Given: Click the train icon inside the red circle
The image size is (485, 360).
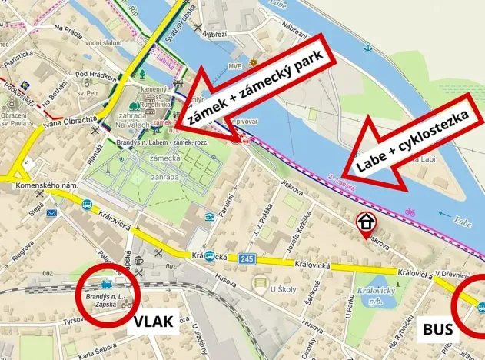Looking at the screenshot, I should click(x=102, y=283).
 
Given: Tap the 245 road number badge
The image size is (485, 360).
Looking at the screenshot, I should click(x=246, y=258).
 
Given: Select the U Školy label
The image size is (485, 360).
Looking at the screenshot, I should click(x=284, y=289).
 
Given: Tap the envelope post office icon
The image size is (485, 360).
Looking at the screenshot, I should click(x=51, y=212).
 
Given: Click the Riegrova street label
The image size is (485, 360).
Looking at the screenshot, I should click(x=22, y=252).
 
